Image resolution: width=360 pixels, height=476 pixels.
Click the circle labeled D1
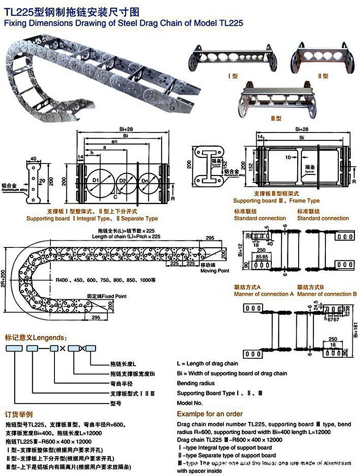click(97, 180)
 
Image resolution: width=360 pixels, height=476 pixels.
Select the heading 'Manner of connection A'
click(264, 294)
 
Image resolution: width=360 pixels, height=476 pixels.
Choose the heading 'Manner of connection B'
click(327, 294)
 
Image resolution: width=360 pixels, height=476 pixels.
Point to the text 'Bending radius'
click(196, 383)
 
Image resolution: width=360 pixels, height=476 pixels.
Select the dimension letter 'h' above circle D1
click(91, 153)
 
